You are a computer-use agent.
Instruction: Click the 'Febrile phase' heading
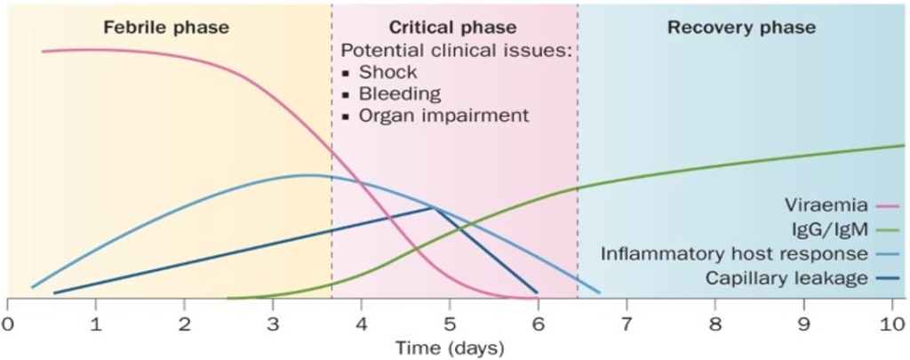pos(165,28)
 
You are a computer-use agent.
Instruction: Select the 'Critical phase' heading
pos(452,28)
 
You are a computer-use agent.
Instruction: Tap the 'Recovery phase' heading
pos(741,28)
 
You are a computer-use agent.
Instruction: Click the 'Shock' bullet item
pos(387,73)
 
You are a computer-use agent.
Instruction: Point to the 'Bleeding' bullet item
pos(399,94)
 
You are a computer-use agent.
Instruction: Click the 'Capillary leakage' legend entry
pos(786,278)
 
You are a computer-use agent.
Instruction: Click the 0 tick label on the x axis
pos(7,322)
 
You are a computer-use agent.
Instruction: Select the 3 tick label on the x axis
pos(273,322)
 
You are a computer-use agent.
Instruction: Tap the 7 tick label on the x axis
pos(627,322)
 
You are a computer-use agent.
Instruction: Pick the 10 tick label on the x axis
pos(891,322)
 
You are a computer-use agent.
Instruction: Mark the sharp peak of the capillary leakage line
pos(433,208)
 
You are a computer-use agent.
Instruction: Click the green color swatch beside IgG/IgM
pos(888,230)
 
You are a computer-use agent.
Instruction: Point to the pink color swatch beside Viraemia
pos(888,206)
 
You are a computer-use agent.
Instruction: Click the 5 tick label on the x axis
pos(450,322)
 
